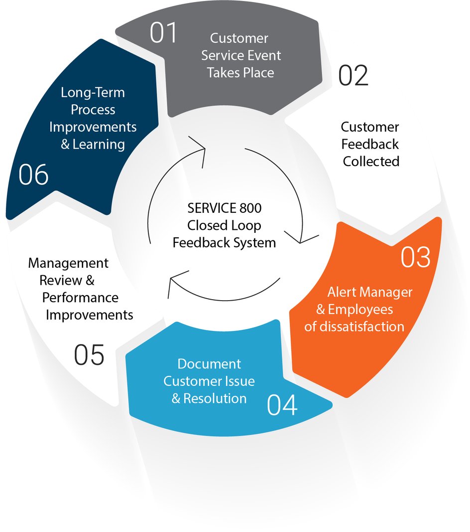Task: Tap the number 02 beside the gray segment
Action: click(353, 76)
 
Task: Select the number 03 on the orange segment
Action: click(416, 257)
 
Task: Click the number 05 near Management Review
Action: click(89, 355)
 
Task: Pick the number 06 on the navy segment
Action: click(34, 175)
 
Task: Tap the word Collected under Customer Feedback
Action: click(371, 162)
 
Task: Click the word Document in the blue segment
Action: click(209, 364)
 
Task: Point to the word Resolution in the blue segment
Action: click(215, 398)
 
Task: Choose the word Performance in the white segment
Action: click(80, 298)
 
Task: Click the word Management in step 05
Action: click(68, 263)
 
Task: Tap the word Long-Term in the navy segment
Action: click(93, 93)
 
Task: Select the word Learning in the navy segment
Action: click(99, 145)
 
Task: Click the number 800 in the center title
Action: click(249, 208)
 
